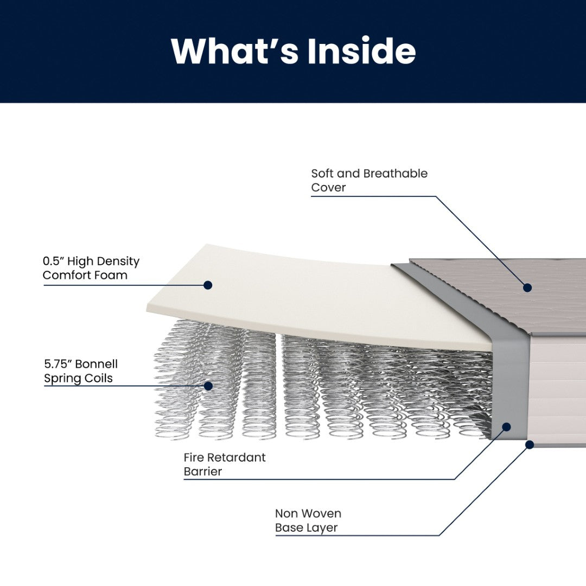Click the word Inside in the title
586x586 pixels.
[361, 51]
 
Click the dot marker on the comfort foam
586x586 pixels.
[208, 285]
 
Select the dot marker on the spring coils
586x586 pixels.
[208, 386]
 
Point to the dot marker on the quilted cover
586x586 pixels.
[527, 288]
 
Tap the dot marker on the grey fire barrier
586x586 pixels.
[506, 427]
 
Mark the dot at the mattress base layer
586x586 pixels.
[530, 444]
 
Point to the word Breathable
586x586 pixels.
[395, 174]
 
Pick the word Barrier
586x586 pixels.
[203, 472]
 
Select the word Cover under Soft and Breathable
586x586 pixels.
[328, 188]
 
